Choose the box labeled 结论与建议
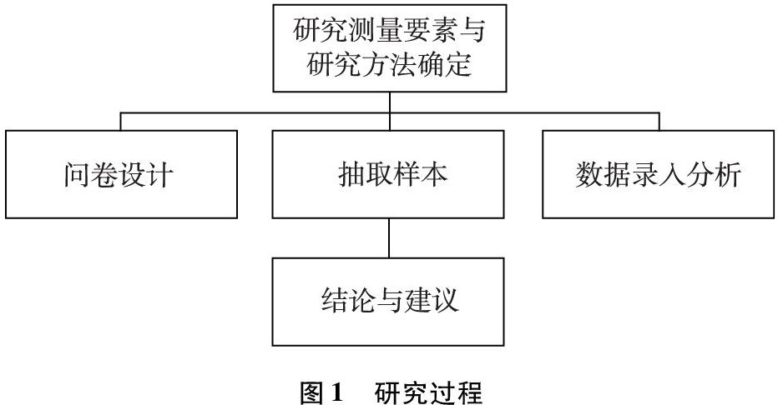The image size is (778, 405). pos(389,301)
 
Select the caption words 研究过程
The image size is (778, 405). pos(428,391)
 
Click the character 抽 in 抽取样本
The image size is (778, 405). pos(344,176)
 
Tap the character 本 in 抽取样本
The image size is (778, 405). pos(433,176)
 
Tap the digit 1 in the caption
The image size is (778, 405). pos(336,391)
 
